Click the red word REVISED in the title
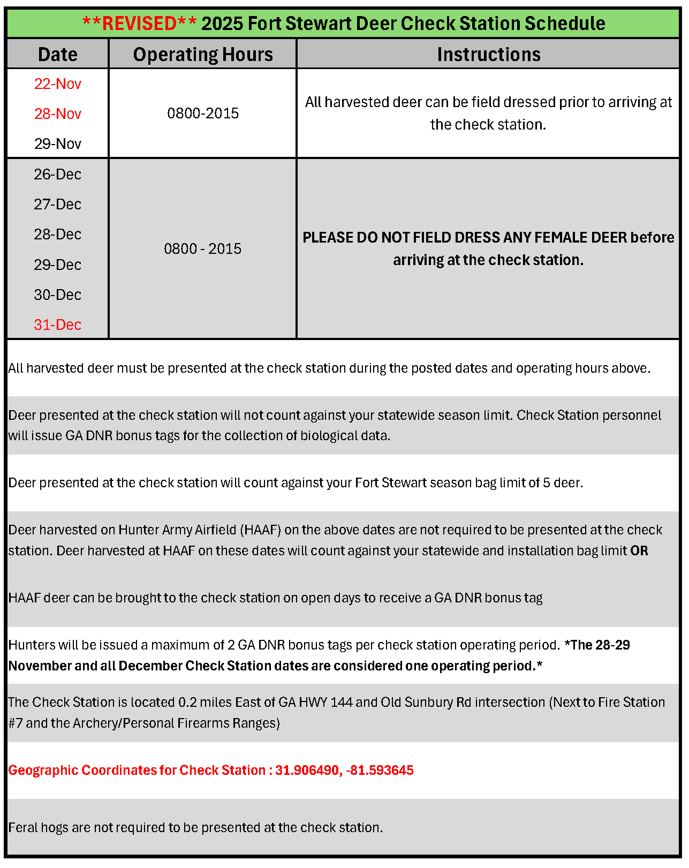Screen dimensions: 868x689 pyautogui.click(x=139, y=24)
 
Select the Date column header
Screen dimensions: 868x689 pyautogui.click(x=58, y=55)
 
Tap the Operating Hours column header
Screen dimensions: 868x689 pyautogui.click(x=203, y=55)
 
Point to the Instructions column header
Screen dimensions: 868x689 pyautogui.click(x=488, y=55)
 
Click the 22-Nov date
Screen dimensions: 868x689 pyautogui.click(x=58, y=84)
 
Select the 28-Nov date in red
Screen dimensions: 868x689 pyautogui.click(x=58, y=114)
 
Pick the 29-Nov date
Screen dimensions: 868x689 pyautogui.click(x=58, y=144)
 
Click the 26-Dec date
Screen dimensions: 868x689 pyautogui.click(x=58, y=175)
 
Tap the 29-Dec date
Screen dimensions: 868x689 pyautogui.click(x=58, y=265)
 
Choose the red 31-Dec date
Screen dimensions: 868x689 pyautogui.click(x=58, y=325)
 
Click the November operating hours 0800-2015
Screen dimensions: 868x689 pyautogui.click(x=203, y=114)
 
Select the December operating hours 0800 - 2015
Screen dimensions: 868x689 pyautogui.click(x=203, y=249)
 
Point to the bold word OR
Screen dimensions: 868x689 pyautogui.click(x=639, y=551)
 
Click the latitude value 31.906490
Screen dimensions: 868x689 pyautogui.click(x=307, y=771)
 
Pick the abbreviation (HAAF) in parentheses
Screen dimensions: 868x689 pyautogui.click(x=260, y=530)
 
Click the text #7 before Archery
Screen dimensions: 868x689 pyautogui.click(x=15, y=723)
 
